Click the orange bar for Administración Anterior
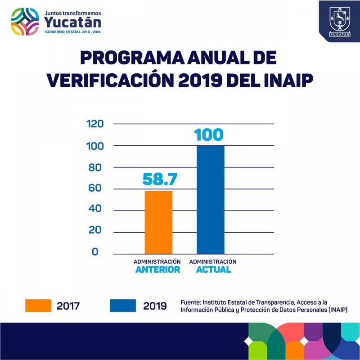click(x=158, y=222)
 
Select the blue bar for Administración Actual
click(x=211, y=200)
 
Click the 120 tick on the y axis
click(x=95, y=124)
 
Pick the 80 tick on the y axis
click(x=98, y=168)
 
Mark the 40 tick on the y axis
click(x=98, y=210)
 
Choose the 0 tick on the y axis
click(x=95, y=252)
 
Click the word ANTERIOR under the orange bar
click(x=157, y=270)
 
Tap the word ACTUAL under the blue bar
click(x=213, y=270)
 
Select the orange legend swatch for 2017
click(x=38, y=306)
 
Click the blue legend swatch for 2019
click(x=123, y=306)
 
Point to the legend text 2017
click(x=68, y=306)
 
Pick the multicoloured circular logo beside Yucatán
click(x=26, y=21)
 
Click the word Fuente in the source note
click(x=191, y=302)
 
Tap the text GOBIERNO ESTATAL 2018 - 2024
click(x=72, y=33)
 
